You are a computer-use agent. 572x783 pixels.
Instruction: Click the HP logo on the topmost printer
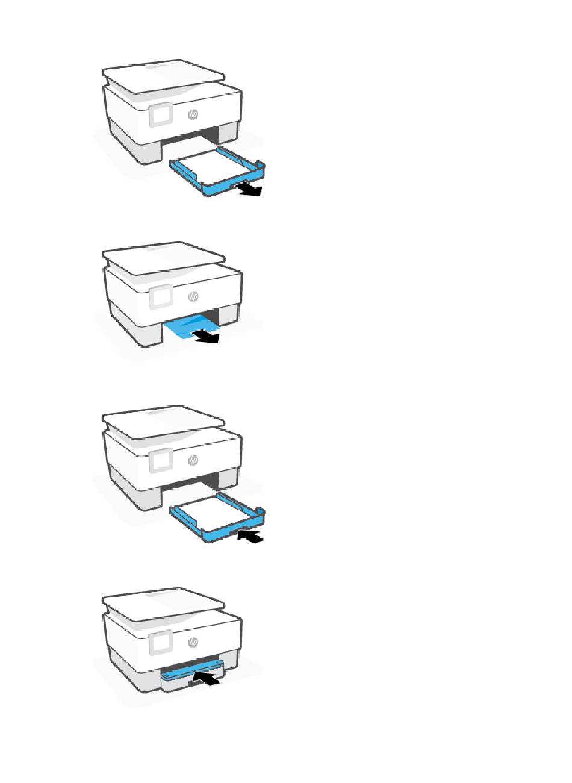click(193, 114)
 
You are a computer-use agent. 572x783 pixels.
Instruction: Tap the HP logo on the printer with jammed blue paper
click(193, 297)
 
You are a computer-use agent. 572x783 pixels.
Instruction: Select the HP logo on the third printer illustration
click(193, 460)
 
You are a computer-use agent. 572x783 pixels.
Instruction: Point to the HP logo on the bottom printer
click(193, 642)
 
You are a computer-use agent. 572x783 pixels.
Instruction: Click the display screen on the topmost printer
click(161, 114)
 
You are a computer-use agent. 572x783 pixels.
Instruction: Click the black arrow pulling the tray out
click(248, 190)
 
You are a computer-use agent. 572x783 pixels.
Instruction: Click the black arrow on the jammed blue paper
click(207, 337)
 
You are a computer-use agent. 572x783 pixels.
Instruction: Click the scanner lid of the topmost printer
click(164, 76)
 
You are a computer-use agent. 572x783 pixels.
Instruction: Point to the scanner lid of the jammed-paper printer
click(164, 258)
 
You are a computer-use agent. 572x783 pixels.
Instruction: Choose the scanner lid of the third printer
click(164, 422)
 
